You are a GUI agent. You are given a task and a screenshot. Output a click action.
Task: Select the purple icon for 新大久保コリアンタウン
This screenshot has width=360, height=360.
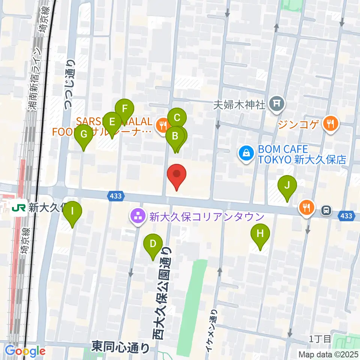pos(138,217)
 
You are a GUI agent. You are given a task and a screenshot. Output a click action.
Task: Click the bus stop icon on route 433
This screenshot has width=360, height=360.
pos(327,211)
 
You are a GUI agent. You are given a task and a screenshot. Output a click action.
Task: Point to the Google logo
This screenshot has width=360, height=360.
pos(25,351)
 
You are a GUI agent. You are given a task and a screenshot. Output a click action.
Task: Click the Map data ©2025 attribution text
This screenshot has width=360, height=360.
pos(328,354)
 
